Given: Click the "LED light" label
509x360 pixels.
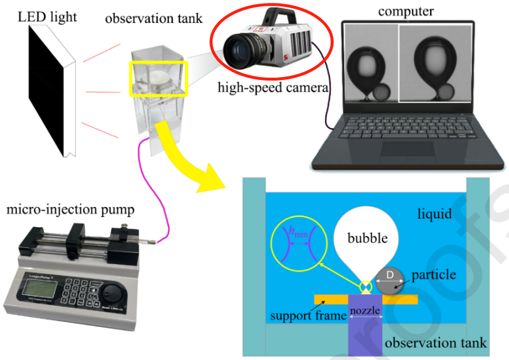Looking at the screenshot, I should [x=47, y=16].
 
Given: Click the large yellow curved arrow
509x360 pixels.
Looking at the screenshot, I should [x=188, y=159].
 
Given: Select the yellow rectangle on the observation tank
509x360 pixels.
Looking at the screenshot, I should [x=158, y=79].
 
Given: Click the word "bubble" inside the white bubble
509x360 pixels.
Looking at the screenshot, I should [x=367, y=238].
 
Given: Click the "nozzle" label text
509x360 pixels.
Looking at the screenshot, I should [x=366, y=310].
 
